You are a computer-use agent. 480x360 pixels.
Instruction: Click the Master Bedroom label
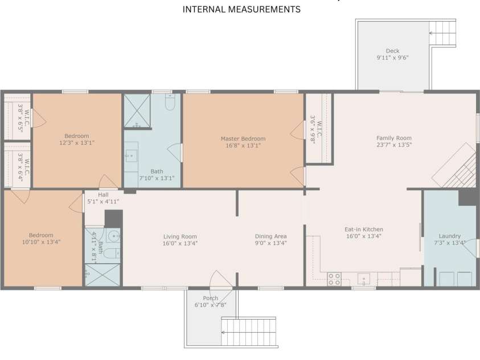click(x=243, y=138)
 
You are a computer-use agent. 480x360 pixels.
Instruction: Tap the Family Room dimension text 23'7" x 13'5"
click(x=394, y=145)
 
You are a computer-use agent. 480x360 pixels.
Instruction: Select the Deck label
click(x=392, y=51)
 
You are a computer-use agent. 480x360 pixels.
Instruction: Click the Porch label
click(x=210, y=298)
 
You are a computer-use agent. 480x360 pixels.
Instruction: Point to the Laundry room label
click(x=450, y=236)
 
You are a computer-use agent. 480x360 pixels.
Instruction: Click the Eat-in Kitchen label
click(x=364, y=230)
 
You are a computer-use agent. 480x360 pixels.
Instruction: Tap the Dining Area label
click(x=271, y=236)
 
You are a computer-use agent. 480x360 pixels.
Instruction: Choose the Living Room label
click(x=180, y=236)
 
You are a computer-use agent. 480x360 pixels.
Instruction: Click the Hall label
click(x=103, y=195)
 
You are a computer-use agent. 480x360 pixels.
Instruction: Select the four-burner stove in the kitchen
click(x=334, y=279)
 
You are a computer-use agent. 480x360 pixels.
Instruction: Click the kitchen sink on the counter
click(x=364, y=279)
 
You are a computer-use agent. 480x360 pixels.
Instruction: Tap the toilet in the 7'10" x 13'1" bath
click(x=170, y=102)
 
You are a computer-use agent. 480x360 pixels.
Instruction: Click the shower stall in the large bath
click(x=137, y=111)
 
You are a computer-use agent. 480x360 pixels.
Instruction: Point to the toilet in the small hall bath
click(x=112, y=253)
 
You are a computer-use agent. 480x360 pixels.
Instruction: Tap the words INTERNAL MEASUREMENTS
click(x=241, y=10)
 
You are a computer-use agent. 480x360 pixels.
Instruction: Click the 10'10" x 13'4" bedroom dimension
click(x=42, y=242)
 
